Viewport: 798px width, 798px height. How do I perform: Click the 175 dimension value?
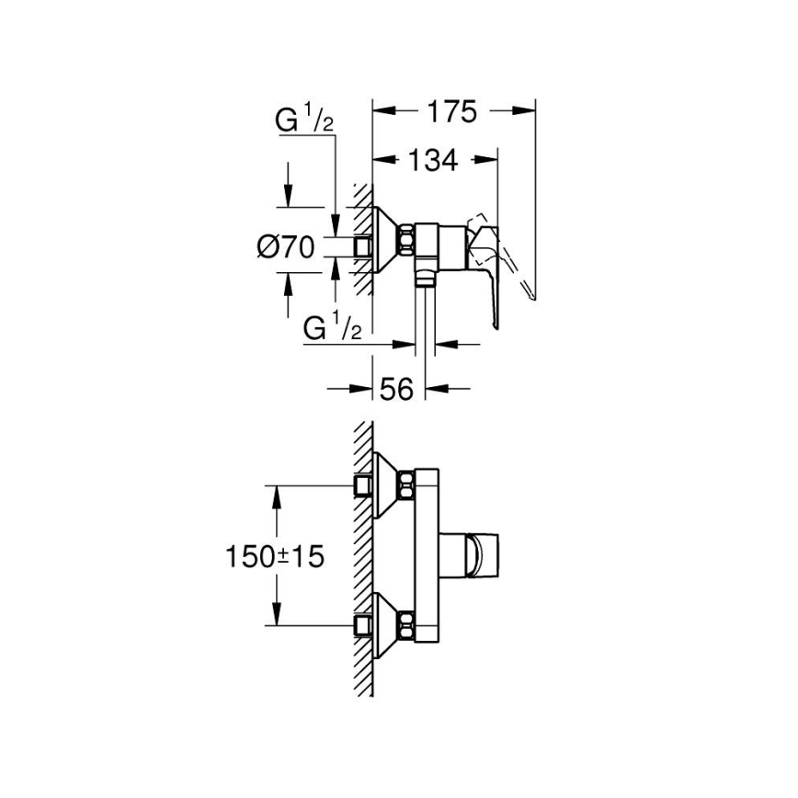click(x=452, y=112)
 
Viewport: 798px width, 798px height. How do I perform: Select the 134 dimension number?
click(x=432, y=160)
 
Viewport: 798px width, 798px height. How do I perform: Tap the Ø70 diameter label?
click(x=288, y=246)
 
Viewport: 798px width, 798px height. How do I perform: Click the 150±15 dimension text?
click(x=276, y=556)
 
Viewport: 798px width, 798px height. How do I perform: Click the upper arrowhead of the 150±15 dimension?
click(x=276, y=492)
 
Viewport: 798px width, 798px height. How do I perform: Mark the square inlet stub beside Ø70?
click(x=363, y=246)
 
